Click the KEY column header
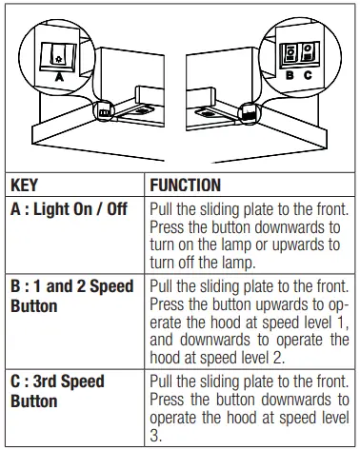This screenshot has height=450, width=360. [24, 185]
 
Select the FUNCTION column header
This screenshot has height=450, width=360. [186, 185]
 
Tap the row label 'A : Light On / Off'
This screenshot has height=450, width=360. [69, 209]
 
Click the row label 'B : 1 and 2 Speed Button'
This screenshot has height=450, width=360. [72, 296]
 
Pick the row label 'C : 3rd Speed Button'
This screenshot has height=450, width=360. [57, 391]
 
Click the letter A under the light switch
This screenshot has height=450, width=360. [59, 77]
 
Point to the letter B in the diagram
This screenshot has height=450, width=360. [290, 75]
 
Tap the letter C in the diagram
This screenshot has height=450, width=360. [308, 75]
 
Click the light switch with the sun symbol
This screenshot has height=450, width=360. [58, 56]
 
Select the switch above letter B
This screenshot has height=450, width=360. [290, 53]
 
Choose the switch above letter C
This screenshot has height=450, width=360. [309, 52]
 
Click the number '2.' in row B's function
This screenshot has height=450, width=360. [277, 358]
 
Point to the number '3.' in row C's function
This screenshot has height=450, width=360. [155, 436]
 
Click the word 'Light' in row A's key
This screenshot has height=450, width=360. [51, 209]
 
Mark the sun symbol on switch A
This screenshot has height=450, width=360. [58, 60]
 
